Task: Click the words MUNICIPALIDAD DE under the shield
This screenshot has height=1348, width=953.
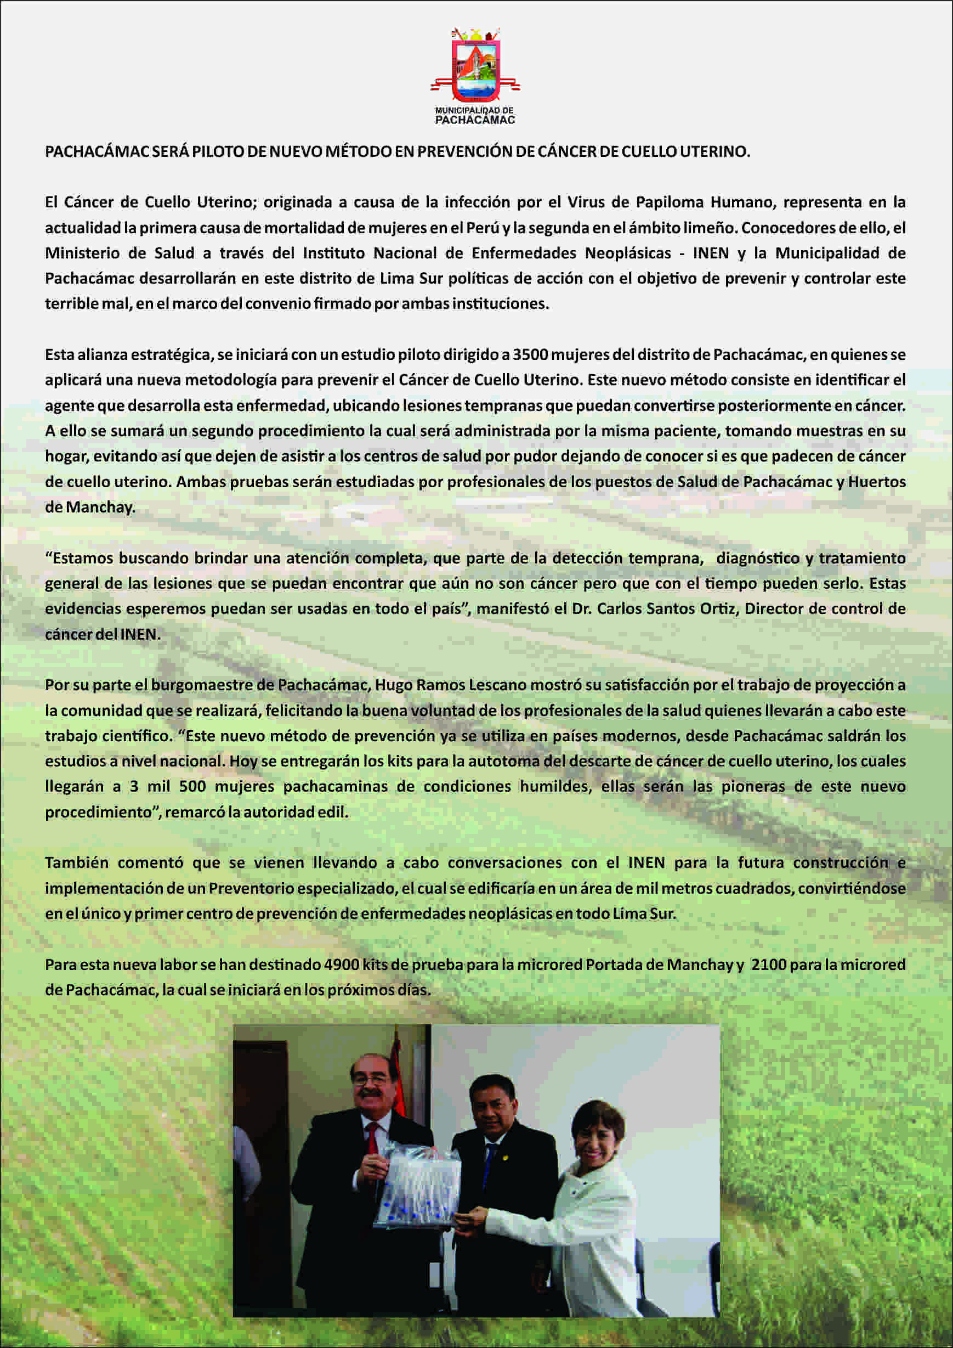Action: (474, 110)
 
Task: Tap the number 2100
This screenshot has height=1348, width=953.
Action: (769, 965)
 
